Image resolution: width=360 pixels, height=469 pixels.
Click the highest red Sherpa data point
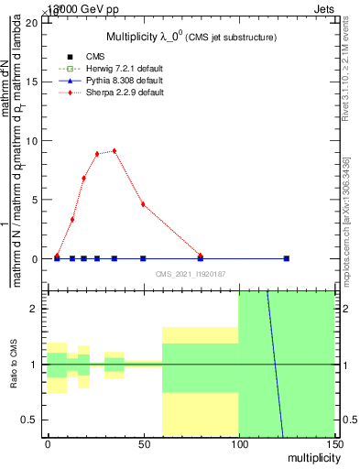[114, 150]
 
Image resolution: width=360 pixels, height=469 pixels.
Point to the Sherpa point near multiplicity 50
[143, 204]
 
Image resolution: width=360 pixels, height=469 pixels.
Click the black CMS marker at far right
[287, 258]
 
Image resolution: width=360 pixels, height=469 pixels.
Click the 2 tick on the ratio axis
[35, 309]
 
